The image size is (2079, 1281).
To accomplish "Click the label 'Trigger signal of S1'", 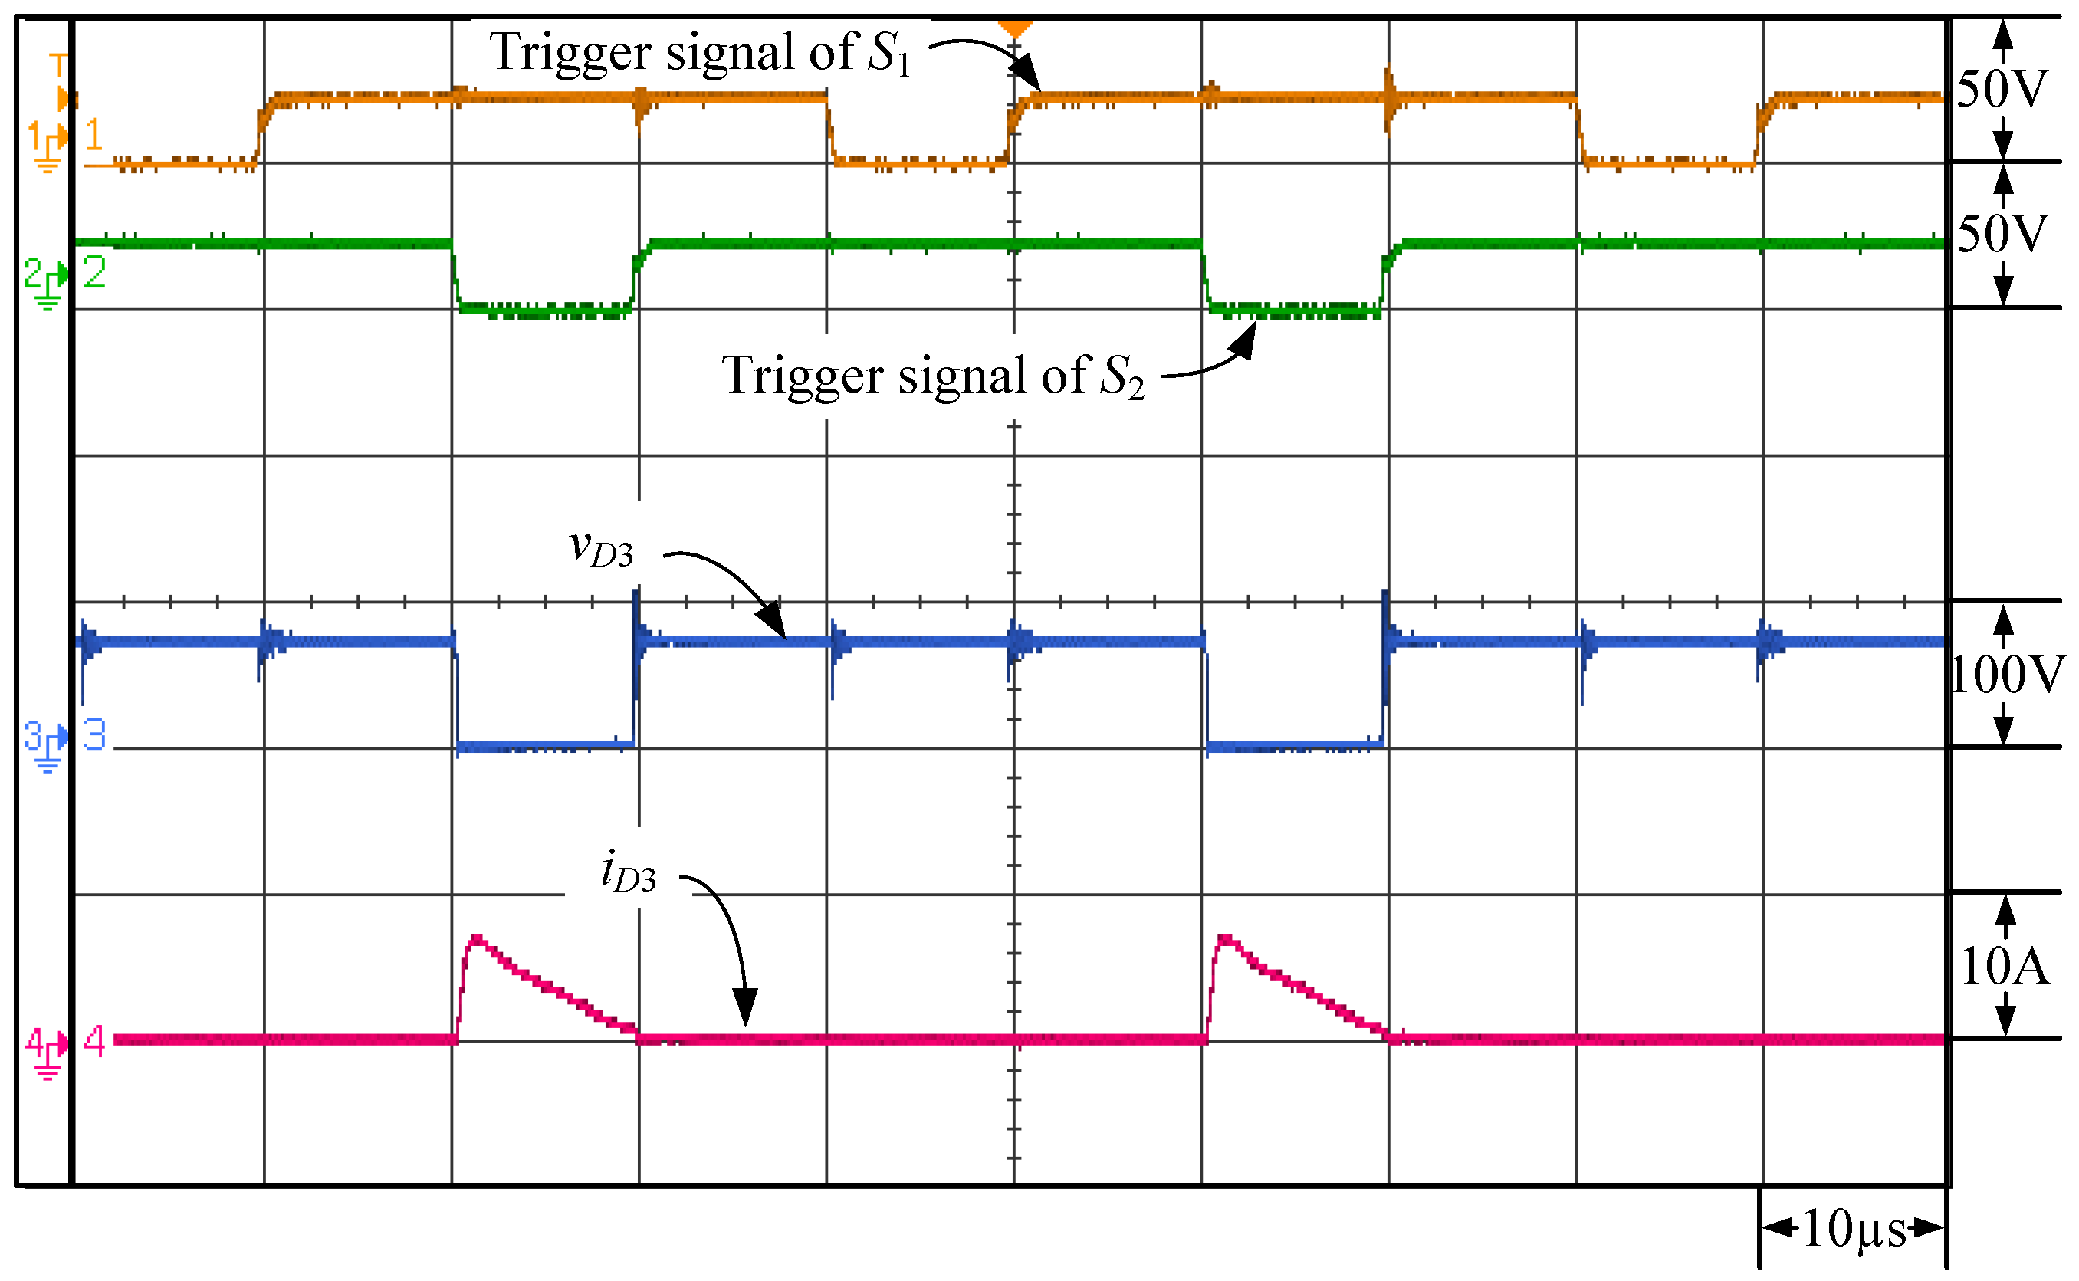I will click(x=700, y=53).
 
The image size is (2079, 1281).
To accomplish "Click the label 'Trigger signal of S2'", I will click(x=933, y=376).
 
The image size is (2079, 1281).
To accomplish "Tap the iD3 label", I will click(x=628, y=872).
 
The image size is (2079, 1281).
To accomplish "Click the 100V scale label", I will click(x=2006, y=675).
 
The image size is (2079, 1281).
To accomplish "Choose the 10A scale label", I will click(x=2005, y=966).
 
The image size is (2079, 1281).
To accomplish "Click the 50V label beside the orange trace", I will click(x=2002, y=89).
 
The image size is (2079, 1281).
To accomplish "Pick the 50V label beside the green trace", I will click(x=2002, y=234).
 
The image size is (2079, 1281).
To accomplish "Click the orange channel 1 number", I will click(x=94, y=136).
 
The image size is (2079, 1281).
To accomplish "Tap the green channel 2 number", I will click(x=94, y=273).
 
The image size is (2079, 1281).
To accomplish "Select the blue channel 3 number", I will click(x=94, y=734).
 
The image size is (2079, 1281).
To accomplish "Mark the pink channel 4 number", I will click(x=94, y=1041).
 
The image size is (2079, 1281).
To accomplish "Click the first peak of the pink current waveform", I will click(x=477, y=940).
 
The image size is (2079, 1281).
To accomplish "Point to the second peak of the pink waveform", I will click(x=1226, y=940).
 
